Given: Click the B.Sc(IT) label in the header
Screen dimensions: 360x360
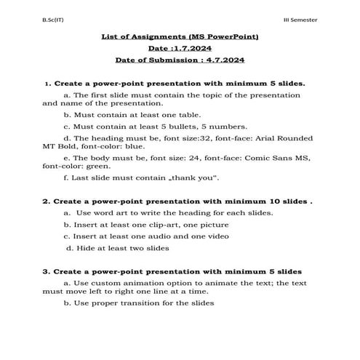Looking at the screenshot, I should pyautogui.click(x=33, y=17).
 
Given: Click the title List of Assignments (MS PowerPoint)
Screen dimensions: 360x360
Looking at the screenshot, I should pyautogui.click(x=180, y=36).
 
